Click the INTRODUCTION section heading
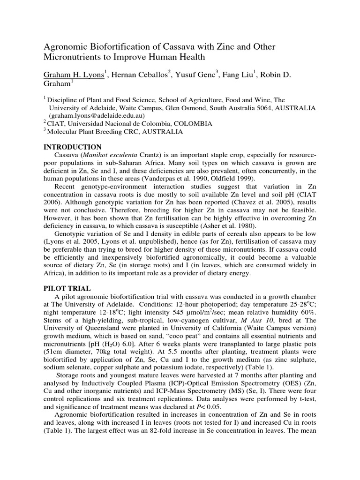[72, 147]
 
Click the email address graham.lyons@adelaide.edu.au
[97, 115]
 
